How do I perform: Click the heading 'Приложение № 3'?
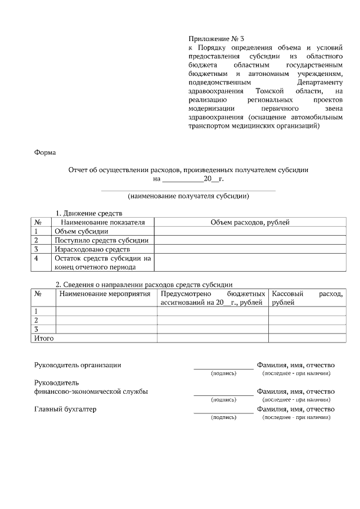click(x=216, y=39)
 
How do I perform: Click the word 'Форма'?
click(x=44, y=152)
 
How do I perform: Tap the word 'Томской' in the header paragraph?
click(x=272, y=91)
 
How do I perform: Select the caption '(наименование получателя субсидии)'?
click(x=188, y=196)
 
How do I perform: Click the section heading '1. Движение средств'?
click(x=88, y=214)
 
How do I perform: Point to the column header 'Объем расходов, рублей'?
click(x=250, y=222)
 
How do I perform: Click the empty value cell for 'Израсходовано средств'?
click(x=250, y=249)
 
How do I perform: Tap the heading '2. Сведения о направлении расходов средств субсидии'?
click(x=143, y=285)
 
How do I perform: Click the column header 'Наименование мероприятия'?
click(x=105, y=294)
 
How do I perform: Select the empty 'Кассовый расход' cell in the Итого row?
click(x=307, y=339)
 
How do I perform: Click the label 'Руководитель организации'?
click(x=78, y=364)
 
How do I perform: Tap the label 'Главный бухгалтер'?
click(x=65, y=409)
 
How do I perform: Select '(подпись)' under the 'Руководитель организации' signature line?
click(x=223, y=373)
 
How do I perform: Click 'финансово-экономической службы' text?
click(x=91, y=391)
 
